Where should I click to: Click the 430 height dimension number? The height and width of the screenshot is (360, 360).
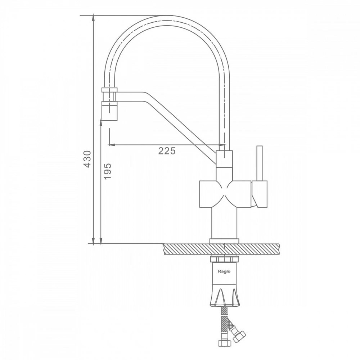click(x=87, y=159)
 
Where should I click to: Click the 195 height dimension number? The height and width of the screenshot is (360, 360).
click(x=107, y=171)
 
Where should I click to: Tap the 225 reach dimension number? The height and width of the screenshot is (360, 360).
click(x=167, y=151)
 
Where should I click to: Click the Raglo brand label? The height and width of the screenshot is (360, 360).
click(x=224, y=271)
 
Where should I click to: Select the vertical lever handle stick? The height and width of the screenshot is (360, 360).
click(x=260, y=163)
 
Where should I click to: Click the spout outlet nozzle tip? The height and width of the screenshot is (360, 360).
click(x=110, y=112)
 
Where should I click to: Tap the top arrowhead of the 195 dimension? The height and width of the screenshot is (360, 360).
click(x=101, y=122)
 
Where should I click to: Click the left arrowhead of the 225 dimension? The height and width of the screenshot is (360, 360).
click(x=111, y=145)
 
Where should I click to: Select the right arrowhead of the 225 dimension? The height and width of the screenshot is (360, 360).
click(x=222, y=145)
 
